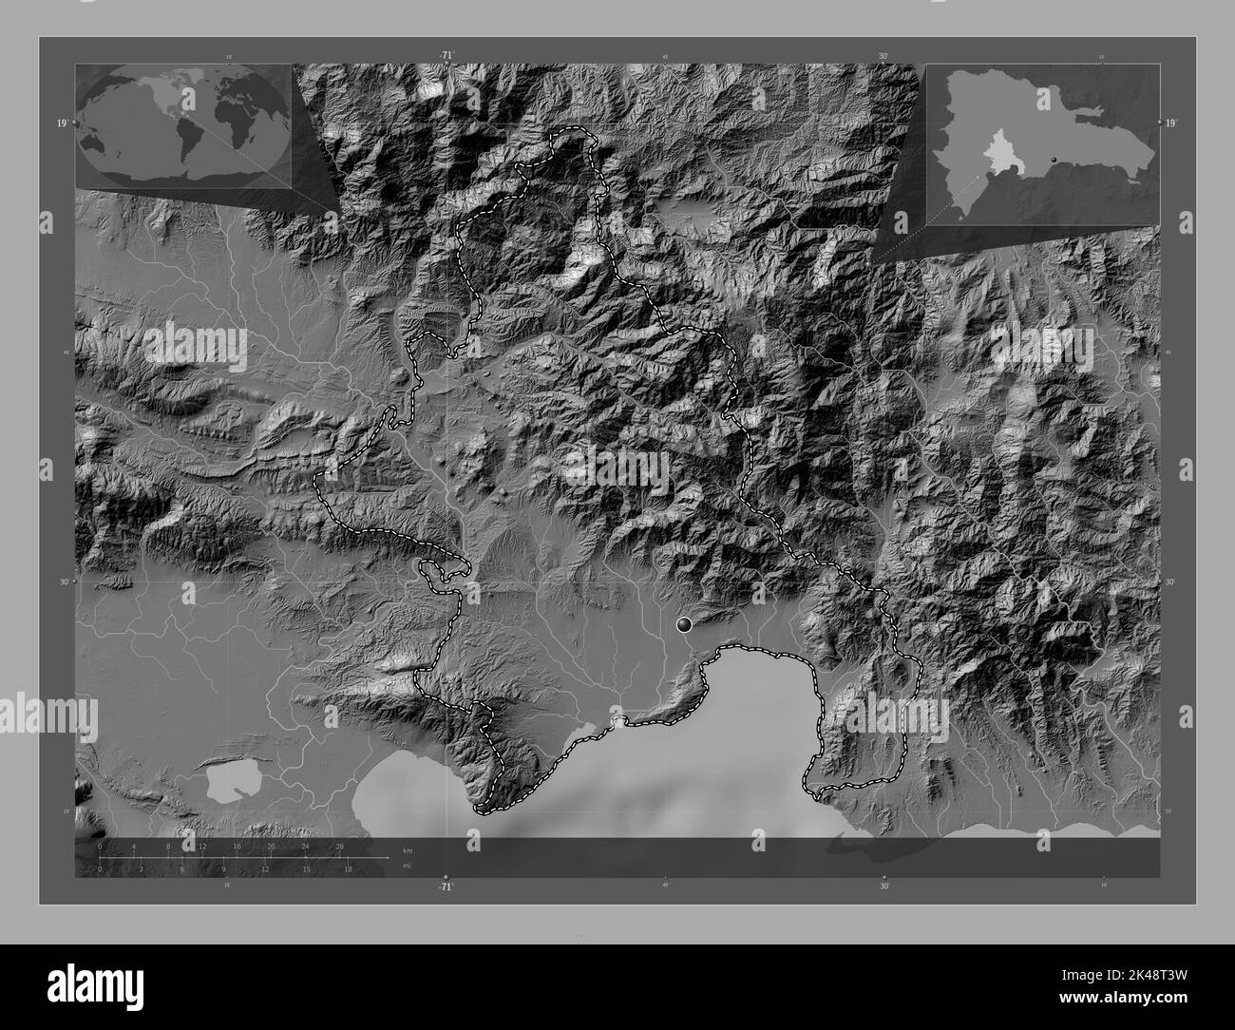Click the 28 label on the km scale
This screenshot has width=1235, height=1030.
click(x=339, y=846)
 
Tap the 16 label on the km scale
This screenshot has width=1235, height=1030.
click(x=237, y=846)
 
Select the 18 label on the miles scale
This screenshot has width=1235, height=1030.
click(x=348, y=868)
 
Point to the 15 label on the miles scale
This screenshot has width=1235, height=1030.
click(x=306, y=868)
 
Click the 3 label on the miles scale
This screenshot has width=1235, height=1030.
click(x=142, y=868)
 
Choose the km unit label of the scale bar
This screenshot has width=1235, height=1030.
click(x=407, y=849)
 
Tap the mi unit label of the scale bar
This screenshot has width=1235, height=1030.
click(x=406, y=867)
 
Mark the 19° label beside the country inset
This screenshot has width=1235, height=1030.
click(x=1171, y=123)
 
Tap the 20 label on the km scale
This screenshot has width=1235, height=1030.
click(x=272, y=846)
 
